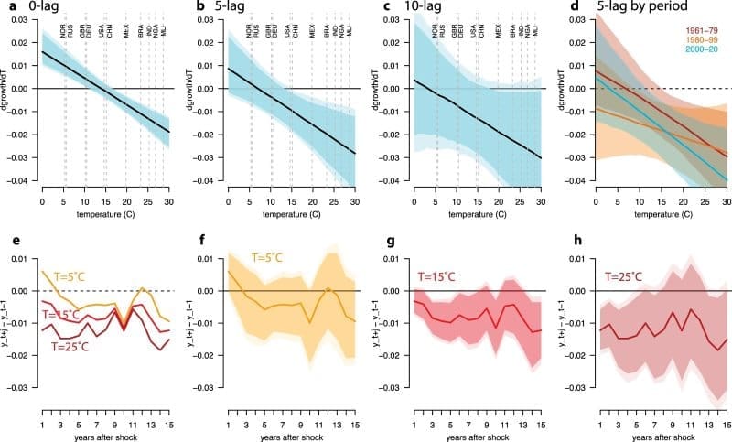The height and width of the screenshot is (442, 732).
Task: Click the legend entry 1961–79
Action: pyautogui.click(x=701, y=29)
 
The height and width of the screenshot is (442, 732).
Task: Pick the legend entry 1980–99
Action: pyautogui.click(x=701, y=38)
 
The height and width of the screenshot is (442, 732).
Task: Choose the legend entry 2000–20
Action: pyautogui.click(x=701, y=48)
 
